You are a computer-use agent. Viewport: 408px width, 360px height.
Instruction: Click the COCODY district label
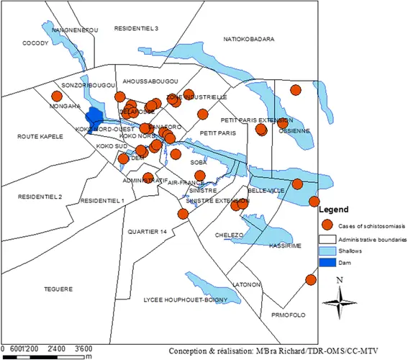point(35,43)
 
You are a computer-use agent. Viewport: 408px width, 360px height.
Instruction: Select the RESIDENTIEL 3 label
point(137,28)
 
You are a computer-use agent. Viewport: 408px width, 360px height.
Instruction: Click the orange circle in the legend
point(328,225)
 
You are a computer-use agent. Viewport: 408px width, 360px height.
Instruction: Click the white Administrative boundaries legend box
point(328,239)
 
